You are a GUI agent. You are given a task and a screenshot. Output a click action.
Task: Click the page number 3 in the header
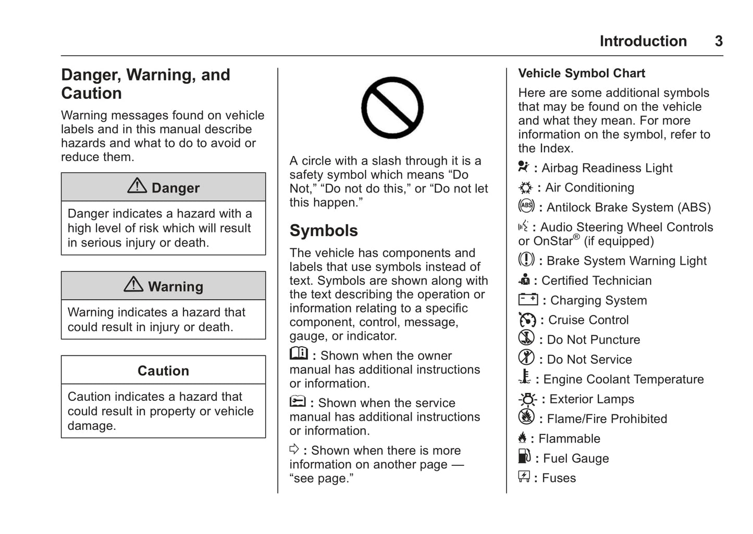pos(719,41)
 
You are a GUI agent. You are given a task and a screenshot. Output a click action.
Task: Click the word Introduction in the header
pos(643,41)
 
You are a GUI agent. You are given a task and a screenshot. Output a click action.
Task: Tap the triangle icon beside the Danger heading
pos(137,186)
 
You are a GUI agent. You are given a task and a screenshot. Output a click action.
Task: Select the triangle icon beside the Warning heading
pos(133,284)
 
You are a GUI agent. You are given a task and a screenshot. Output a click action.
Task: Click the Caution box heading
pos(163,371)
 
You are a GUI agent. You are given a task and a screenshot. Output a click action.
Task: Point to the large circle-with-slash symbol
pos(392,108)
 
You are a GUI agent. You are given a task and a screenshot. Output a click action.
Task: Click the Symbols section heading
pos(324,231)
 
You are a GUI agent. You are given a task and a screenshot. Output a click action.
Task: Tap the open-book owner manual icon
pos(299,353)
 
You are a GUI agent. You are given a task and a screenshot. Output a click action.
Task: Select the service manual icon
pos(298,401)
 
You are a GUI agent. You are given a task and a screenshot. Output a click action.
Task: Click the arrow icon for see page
pos(294,449)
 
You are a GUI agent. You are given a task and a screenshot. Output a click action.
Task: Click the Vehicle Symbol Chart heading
pos(582,73)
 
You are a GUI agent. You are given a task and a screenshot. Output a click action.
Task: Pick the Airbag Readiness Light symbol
pos(523,167)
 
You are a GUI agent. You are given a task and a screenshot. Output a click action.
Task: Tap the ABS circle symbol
pos(526,206)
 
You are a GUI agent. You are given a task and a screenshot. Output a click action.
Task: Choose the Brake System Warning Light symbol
pos(526,259)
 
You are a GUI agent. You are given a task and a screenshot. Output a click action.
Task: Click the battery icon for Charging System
pos(528,299)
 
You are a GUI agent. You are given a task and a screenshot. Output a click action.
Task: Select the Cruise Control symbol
pos(527,319)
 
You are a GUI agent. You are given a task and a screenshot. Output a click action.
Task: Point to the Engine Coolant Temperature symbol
pos(525,377)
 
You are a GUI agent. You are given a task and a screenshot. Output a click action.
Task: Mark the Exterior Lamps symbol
pos(527,399)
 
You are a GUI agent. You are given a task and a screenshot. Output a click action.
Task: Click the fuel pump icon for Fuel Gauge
pos(524,456)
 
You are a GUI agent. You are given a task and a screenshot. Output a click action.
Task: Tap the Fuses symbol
pos(524,476)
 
